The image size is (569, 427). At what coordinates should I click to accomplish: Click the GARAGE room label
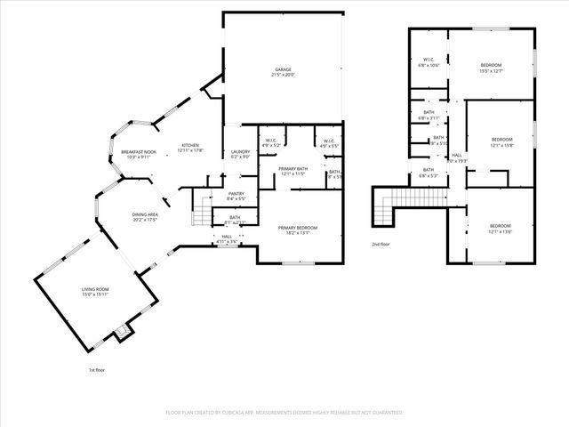tap(283, 69)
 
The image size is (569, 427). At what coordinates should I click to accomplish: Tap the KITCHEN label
tap(190, 145)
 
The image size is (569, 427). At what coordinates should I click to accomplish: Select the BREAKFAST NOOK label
tap(138, 152)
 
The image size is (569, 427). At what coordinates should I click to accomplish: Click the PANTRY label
tap(236, 193)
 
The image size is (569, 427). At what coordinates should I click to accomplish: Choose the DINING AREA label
tap(145, 214)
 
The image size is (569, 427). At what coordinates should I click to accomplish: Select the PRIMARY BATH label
tap(293, 168)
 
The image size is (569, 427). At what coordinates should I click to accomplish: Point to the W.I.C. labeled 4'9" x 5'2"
tap(272, 145)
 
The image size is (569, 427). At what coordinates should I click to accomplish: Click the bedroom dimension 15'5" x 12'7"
tap(491, 71)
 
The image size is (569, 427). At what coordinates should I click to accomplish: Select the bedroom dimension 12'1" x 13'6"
tap(501, 232)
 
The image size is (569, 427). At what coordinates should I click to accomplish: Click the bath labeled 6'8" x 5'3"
tap(429, 176)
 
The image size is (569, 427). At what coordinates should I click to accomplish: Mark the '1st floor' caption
tap(96, 369)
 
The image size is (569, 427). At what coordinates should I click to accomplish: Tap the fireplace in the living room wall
tap(123, 333)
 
